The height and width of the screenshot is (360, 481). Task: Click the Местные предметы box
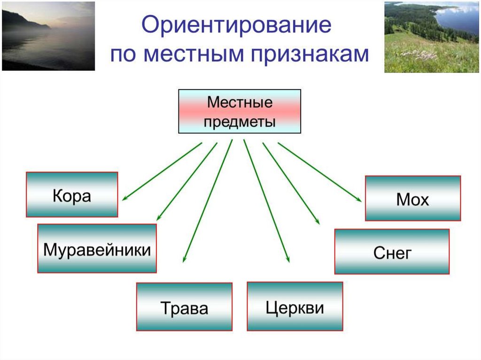tap(240, 112)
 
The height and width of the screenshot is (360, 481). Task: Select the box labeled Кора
tap(72, 194)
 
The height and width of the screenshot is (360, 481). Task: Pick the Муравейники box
tap(97, 248)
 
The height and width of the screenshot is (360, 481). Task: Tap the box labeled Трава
tap(184, 306)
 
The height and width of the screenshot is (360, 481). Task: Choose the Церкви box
tap(295, 306)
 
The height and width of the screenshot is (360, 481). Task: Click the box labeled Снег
tap(392, 252)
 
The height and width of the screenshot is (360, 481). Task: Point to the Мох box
tap(413, 198)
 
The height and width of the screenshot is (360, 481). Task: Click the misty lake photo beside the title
tap(48, 36)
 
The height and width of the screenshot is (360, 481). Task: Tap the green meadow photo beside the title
tap(431, 37)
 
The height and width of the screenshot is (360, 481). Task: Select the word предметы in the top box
tap(240, 121)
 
